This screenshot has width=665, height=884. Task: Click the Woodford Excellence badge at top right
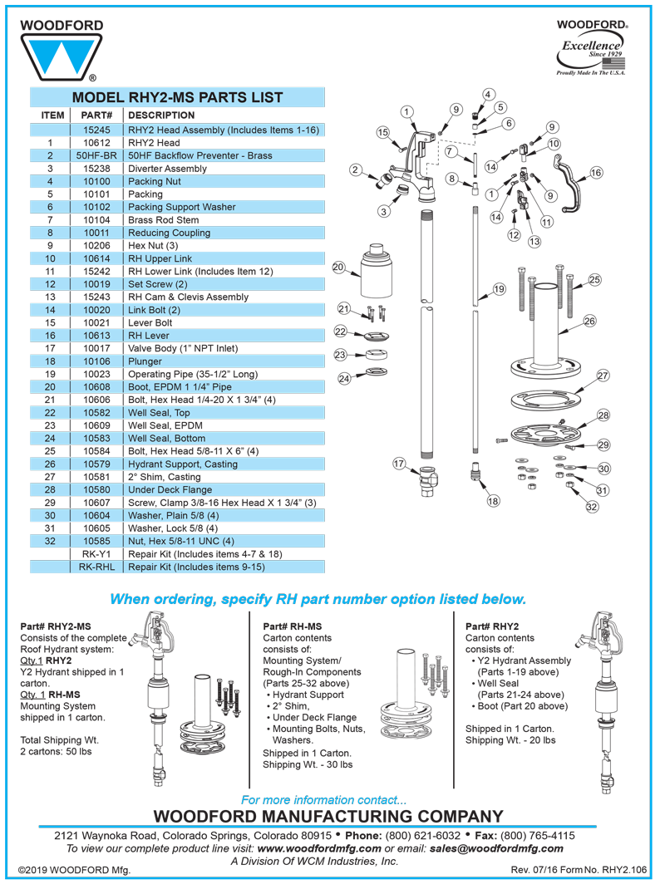click(592, 49)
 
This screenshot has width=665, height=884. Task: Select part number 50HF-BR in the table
click(96, 155)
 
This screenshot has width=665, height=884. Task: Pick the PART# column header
click(96, 115)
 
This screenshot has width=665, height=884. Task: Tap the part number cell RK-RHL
click(96, 567)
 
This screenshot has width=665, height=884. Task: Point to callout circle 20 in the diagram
click(338, 268)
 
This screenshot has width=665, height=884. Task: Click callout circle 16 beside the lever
click(596, 173)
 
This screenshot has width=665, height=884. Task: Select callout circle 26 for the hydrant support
click(589, 321)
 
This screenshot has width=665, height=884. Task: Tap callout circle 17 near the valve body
click(401, 464)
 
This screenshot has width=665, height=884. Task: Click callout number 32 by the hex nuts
click(592, 506)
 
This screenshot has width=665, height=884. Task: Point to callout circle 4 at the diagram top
click(489, 94)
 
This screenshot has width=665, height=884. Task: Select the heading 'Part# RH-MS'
click(293, 626)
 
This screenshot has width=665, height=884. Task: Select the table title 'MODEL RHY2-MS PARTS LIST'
click(177, 97)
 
